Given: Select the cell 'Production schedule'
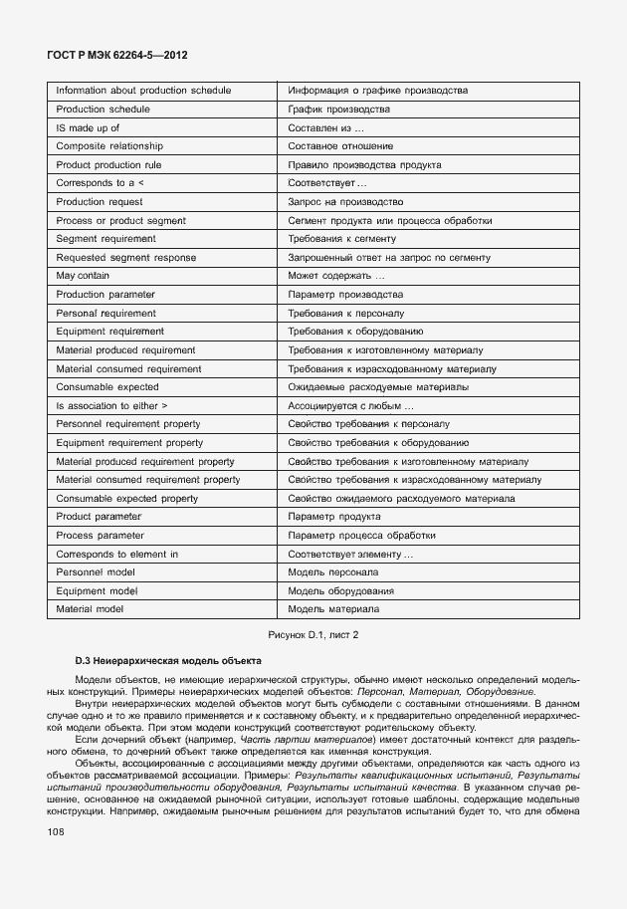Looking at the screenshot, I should tap(104, 110).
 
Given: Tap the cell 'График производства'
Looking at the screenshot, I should tap(338, 110).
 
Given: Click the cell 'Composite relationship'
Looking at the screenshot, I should tap(109, 146).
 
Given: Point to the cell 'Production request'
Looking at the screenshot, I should tap(100, 202).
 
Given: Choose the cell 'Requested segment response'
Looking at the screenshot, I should tap(126, 258).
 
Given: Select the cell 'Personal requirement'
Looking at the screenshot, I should tap(105, 313).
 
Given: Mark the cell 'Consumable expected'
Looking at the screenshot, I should tap(107, 386).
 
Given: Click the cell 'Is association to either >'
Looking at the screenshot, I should tap(111, 405).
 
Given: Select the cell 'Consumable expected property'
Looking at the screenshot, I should tap(127, 498).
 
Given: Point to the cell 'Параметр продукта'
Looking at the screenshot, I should tap(333, 517).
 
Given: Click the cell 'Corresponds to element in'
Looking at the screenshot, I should tap(117, 554).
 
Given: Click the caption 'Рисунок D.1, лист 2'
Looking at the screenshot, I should tap(313, 634).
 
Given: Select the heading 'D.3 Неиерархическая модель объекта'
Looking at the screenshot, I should tap(168, 660).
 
